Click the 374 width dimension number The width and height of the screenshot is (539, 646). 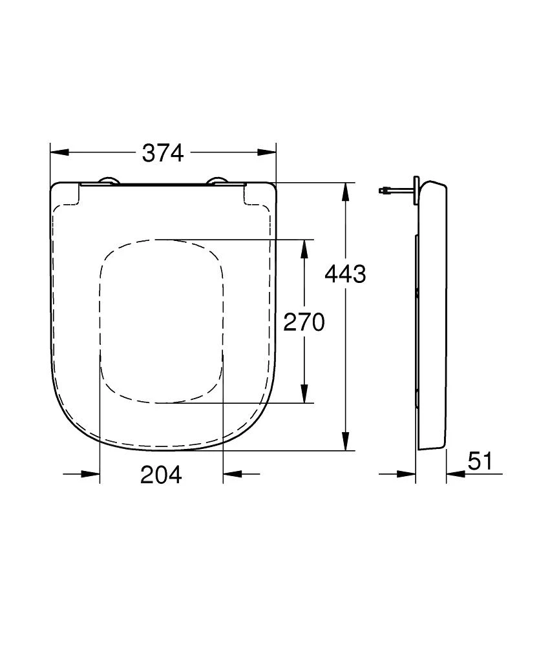pos(163,153)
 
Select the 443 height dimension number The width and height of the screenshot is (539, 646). pos(344,275)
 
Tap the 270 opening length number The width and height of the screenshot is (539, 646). pos(304,322)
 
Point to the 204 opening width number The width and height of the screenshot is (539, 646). pos(161,475)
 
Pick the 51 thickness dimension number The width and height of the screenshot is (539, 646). pos(480,461)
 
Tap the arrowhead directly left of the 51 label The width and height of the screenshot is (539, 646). pos(456,474)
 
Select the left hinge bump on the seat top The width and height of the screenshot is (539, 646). pos(107,182)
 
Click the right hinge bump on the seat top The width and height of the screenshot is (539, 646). pos(218,182)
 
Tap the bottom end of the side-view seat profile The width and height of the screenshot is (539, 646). pos(432,447)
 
